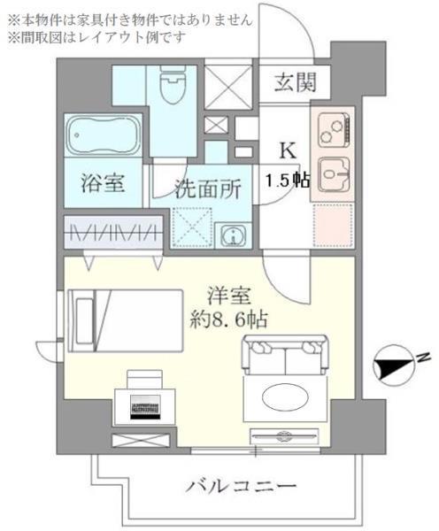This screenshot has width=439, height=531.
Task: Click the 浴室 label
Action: point(103,183)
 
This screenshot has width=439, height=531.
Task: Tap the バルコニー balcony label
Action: point(241,485)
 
